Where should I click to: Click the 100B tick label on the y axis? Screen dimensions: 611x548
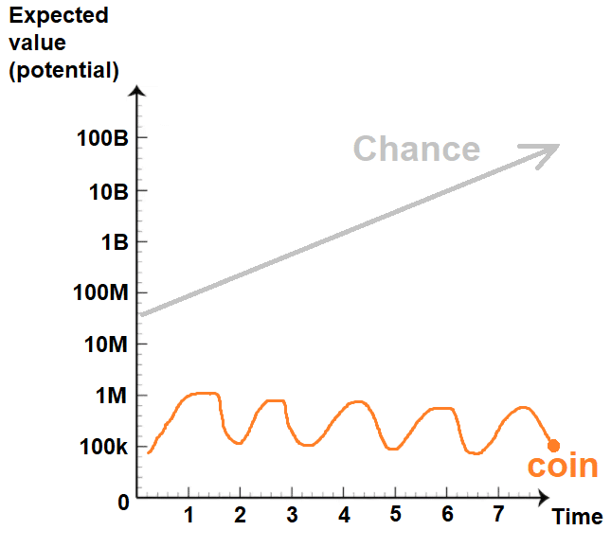(x=102, y=138)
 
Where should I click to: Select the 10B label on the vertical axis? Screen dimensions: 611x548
(x=109, y=192)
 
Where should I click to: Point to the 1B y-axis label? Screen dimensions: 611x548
(x=115, y=242)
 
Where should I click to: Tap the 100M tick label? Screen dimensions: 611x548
(x=100, y=292)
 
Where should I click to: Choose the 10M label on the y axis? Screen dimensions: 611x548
(x=106, y=345)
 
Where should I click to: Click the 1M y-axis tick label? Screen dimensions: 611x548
(x=112, y=396)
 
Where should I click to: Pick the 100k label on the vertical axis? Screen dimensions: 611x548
(x=103, y=447)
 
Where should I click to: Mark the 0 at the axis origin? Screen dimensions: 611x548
(x=123, y=503)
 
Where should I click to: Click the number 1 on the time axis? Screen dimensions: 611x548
(x=189, y=515)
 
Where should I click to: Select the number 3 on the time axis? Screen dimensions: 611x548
(x=293, y=515)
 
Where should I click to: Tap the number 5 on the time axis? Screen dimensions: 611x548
(x=396, y=514)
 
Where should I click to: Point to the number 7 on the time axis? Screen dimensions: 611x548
(x=499, y=514)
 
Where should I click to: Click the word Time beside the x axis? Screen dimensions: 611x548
(x=578, y=517)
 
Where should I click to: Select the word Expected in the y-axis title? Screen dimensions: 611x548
(x=59, y=16)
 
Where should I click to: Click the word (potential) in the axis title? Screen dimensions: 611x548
(x=63, y=70)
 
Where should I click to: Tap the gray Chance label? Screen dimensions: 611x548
(x=417, y=149)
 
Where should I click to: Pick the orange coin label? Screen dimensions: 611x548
(x=563, y=466)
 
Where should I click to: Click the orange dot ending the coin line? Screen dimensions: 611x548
(x=554, y=446)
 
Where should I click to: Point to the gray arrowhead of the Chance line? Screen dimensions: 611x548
(x=546, y=153)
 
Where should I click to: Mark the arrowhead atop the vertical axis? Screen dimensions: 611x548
(x=136, y=91)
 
